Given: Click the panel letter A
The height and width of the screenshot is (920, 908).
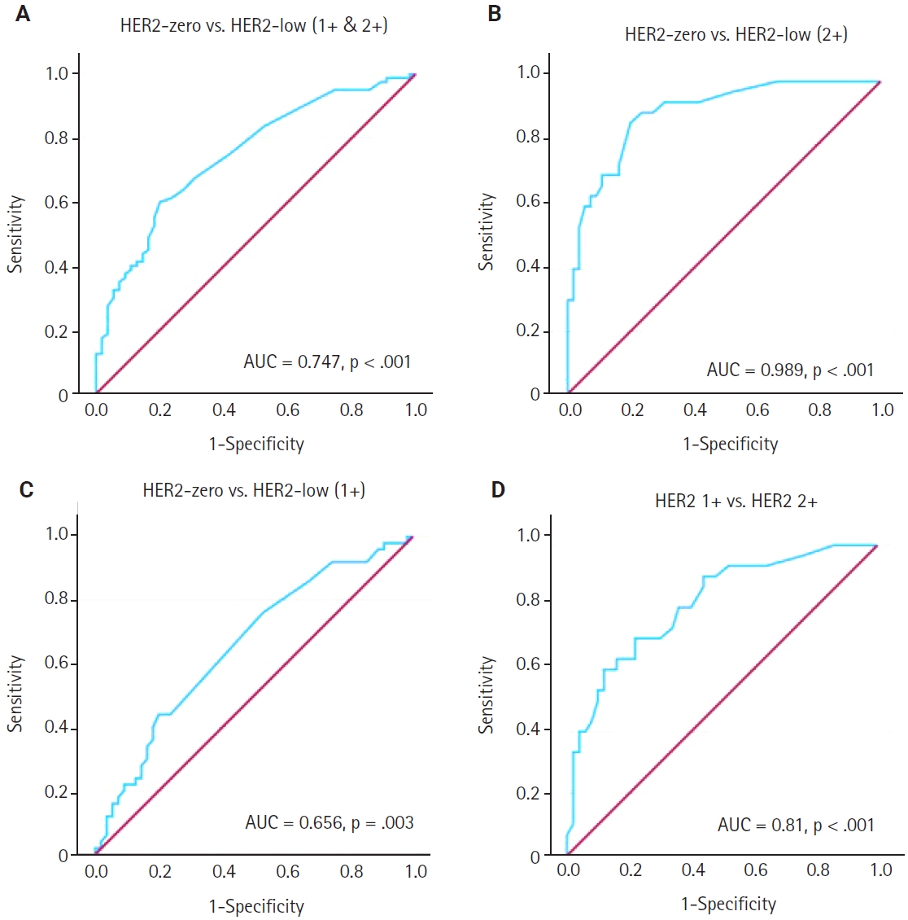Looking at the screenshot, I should (x=23, y=15).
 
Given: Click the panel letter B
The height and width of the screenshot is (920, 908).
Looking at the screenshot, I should (x=495, y=15).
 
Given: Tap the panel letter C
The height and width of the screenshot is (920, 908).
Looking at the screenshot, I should (x=26, y=490).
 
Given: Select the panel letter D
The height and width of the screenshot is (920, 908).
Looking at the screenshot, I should (x=498, y=490).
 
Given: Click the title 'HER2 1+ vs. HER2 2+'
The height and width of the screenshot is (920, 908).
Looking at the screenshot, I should (x=736, y=501).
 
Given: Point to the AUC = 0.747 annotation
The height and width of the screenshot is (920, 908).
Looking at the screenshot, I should (x=327, y=361).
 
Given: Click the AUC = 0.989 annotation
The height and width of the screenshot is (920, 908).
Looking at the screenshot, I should (x=790, y=370).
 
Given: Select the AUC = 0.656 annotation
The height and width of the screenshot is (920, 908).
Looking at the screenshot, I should (x=329, y=822).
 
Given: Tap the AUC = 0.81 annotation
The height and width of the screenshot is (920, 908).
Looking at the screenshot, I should (x=795, y=825).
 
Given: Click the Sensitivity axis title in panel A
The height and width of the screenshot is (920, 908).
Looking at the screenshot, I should (x=15, y=234).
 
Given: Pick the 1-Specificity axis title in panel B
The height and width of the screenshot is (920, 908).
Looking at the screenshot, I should (x=730, y=444).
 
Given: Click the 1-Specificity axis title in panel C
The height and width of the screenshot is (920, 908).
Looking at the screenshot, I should (x=256, y=906).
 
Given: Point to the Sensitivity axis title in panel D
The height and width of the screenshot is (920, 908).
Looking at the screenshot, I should (x=487, y=695).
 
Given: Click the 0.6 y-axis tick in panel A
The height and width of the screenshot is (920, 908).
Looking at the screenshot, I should (x=56, y=203).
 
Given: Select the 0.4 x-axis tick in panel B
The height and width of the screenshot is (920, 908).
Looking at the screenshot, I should (x=695, y=410).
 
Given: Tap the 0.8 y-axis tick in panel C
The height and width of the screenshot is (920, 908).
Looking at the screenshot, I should (x=56, y=600).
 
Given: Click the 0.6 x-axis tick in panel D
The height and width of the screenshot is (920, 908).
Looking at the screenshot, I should (x=755, y=870).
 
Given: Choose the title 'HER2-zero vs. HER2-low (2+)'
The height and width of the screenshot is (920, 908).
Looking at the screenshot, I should (x=736, y=34).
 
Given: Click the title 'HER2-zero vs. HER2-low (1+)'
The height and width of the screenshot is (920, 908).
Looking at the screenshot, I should (x=254, y=490).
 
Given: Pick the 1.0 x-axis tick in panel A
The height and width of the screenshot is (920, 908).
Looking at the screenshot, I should (x=416, y=410).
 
